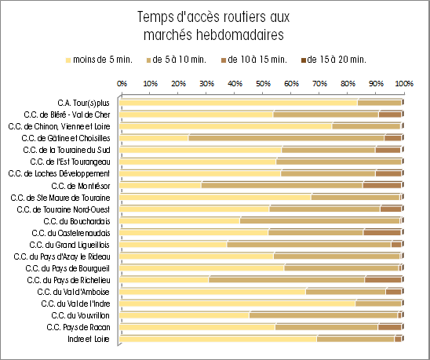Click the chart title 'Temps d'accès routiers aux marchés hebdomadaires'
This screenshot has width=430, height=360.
click(x=213, y=26)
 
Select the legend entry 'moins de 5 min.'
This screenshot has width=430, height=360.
click(x=100, y=60)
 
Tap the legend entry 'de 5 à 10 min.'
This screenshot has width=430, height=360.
click(x=177, y=60)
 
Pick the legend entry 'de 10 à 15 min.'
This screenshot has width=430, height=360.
click(x=254, y=60)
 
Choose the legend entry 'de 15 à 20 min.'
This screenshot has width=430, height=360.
click(x=333, y=60)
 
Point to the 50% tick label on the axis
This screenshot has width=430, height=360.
click(x=263, y=83)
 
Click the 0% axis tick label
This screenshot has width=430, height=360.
click(x=122, y=83)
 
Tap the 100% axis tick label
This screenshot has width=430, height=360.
click(x=404, y=83)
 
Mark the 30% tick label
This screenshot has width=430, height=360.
click(x=206, y=83)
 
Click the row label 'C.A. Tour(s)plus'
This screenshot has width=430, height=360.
click(x=84, y=103)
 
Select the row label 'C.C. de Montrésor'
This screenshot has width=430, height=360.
click(x=81, y=186)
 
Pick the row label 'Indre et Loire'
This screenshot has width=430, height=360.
click(x=89, y=339)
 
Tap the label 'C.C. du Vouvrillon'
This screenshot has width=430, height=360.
click(x=80, y=315)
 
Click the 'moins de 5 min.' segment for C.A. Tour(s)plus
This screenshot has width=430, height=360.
click(x=239, y=103)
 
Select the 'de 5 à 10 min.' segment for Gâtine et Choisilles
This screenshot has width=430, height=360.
click(x=286, y=138)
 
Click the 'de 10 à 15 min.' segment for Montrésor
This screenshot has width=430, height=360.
click(x=382, y=185)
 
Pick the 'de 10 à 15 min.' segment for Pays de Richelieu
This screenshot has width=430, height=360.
click(x=383, y=280)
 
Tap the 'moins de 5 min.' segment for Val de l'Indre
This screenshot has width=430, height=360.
click(x=238, y=304)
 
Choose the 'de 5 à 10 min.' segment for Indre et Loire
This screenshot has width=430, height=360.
click(x=355, y=339)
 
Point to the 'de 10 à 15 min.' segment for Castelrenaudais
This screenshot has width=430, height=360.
click(x=382, y=233)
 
